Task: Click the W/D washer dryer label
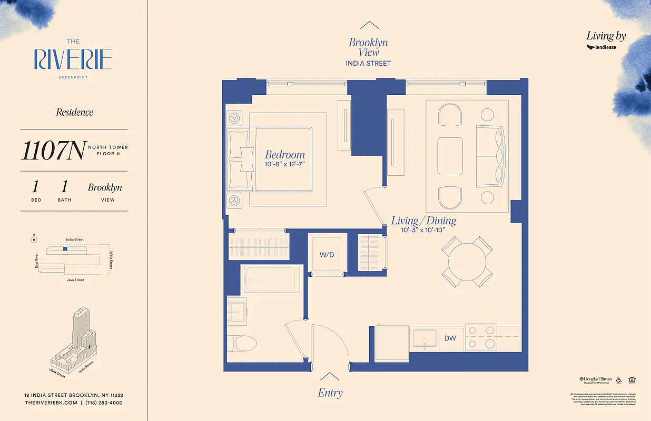[327, 255]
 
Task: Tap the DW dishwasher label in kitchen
[450, 338]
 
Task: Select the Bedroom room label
[284, 155]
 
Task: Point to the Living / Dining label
[423, 220]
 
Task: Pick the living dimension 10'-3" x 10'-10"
[423, 230]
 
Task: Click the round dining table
[467, 262]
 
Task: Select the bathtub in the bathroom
[272, 279]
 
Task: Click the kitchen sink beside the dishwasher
[425, 339]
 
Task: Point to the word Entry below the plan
[330, 393]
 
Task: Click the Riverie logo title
[73, 59]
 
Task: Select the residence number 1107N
[53, 151]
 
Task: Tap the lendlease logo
[601, 47]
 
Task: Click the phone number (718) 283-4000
[104, 403]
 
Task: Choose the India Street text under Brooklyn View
[368, 63]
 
